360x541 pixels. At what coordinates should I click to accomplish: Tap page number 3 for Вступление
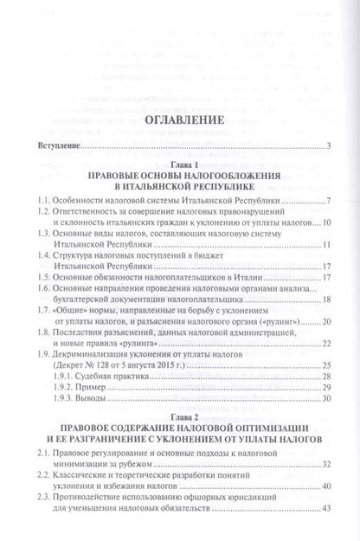coord(330,148)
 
